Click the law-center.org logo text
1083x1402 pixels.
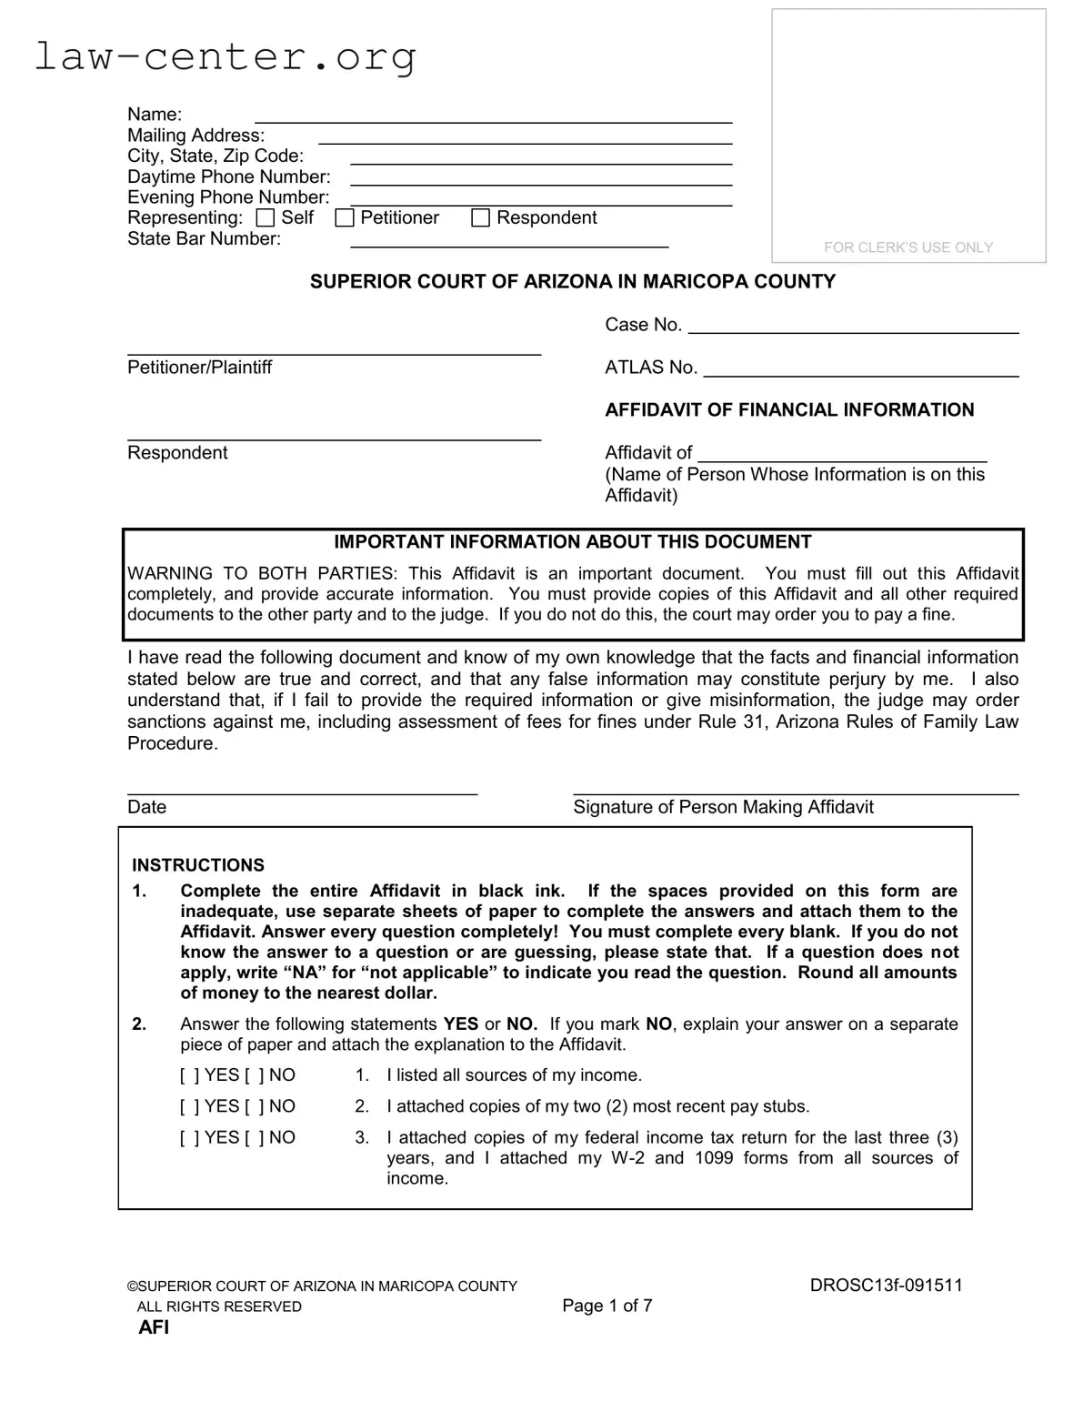click(225, 57)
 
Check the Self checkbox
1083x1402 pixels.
click(266, 218)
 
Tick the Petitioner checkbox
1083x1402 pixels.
click(345, 218)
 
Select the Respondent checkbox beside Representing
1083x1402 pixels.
click(481, 218)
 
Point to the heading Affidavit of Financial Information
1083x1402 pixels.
click(789, 410)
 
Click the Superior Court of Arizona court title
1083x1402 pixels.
click(572, 282)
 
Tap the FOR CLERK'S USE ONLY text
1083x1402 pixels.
click(908, 247)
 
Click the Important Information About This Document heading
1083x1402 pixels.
click(572, 542)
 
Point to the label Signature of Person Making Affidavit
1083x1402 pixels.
click(723, 807)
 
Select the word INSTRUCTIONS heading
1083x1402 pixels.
click(198, 865)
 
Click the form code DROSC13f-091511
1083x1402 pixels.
click(886, 1286)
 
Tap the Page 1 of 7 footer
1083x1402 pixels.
click(607, 1306)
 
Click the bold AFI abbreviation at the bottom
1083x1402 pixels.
click(154, 1327)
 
